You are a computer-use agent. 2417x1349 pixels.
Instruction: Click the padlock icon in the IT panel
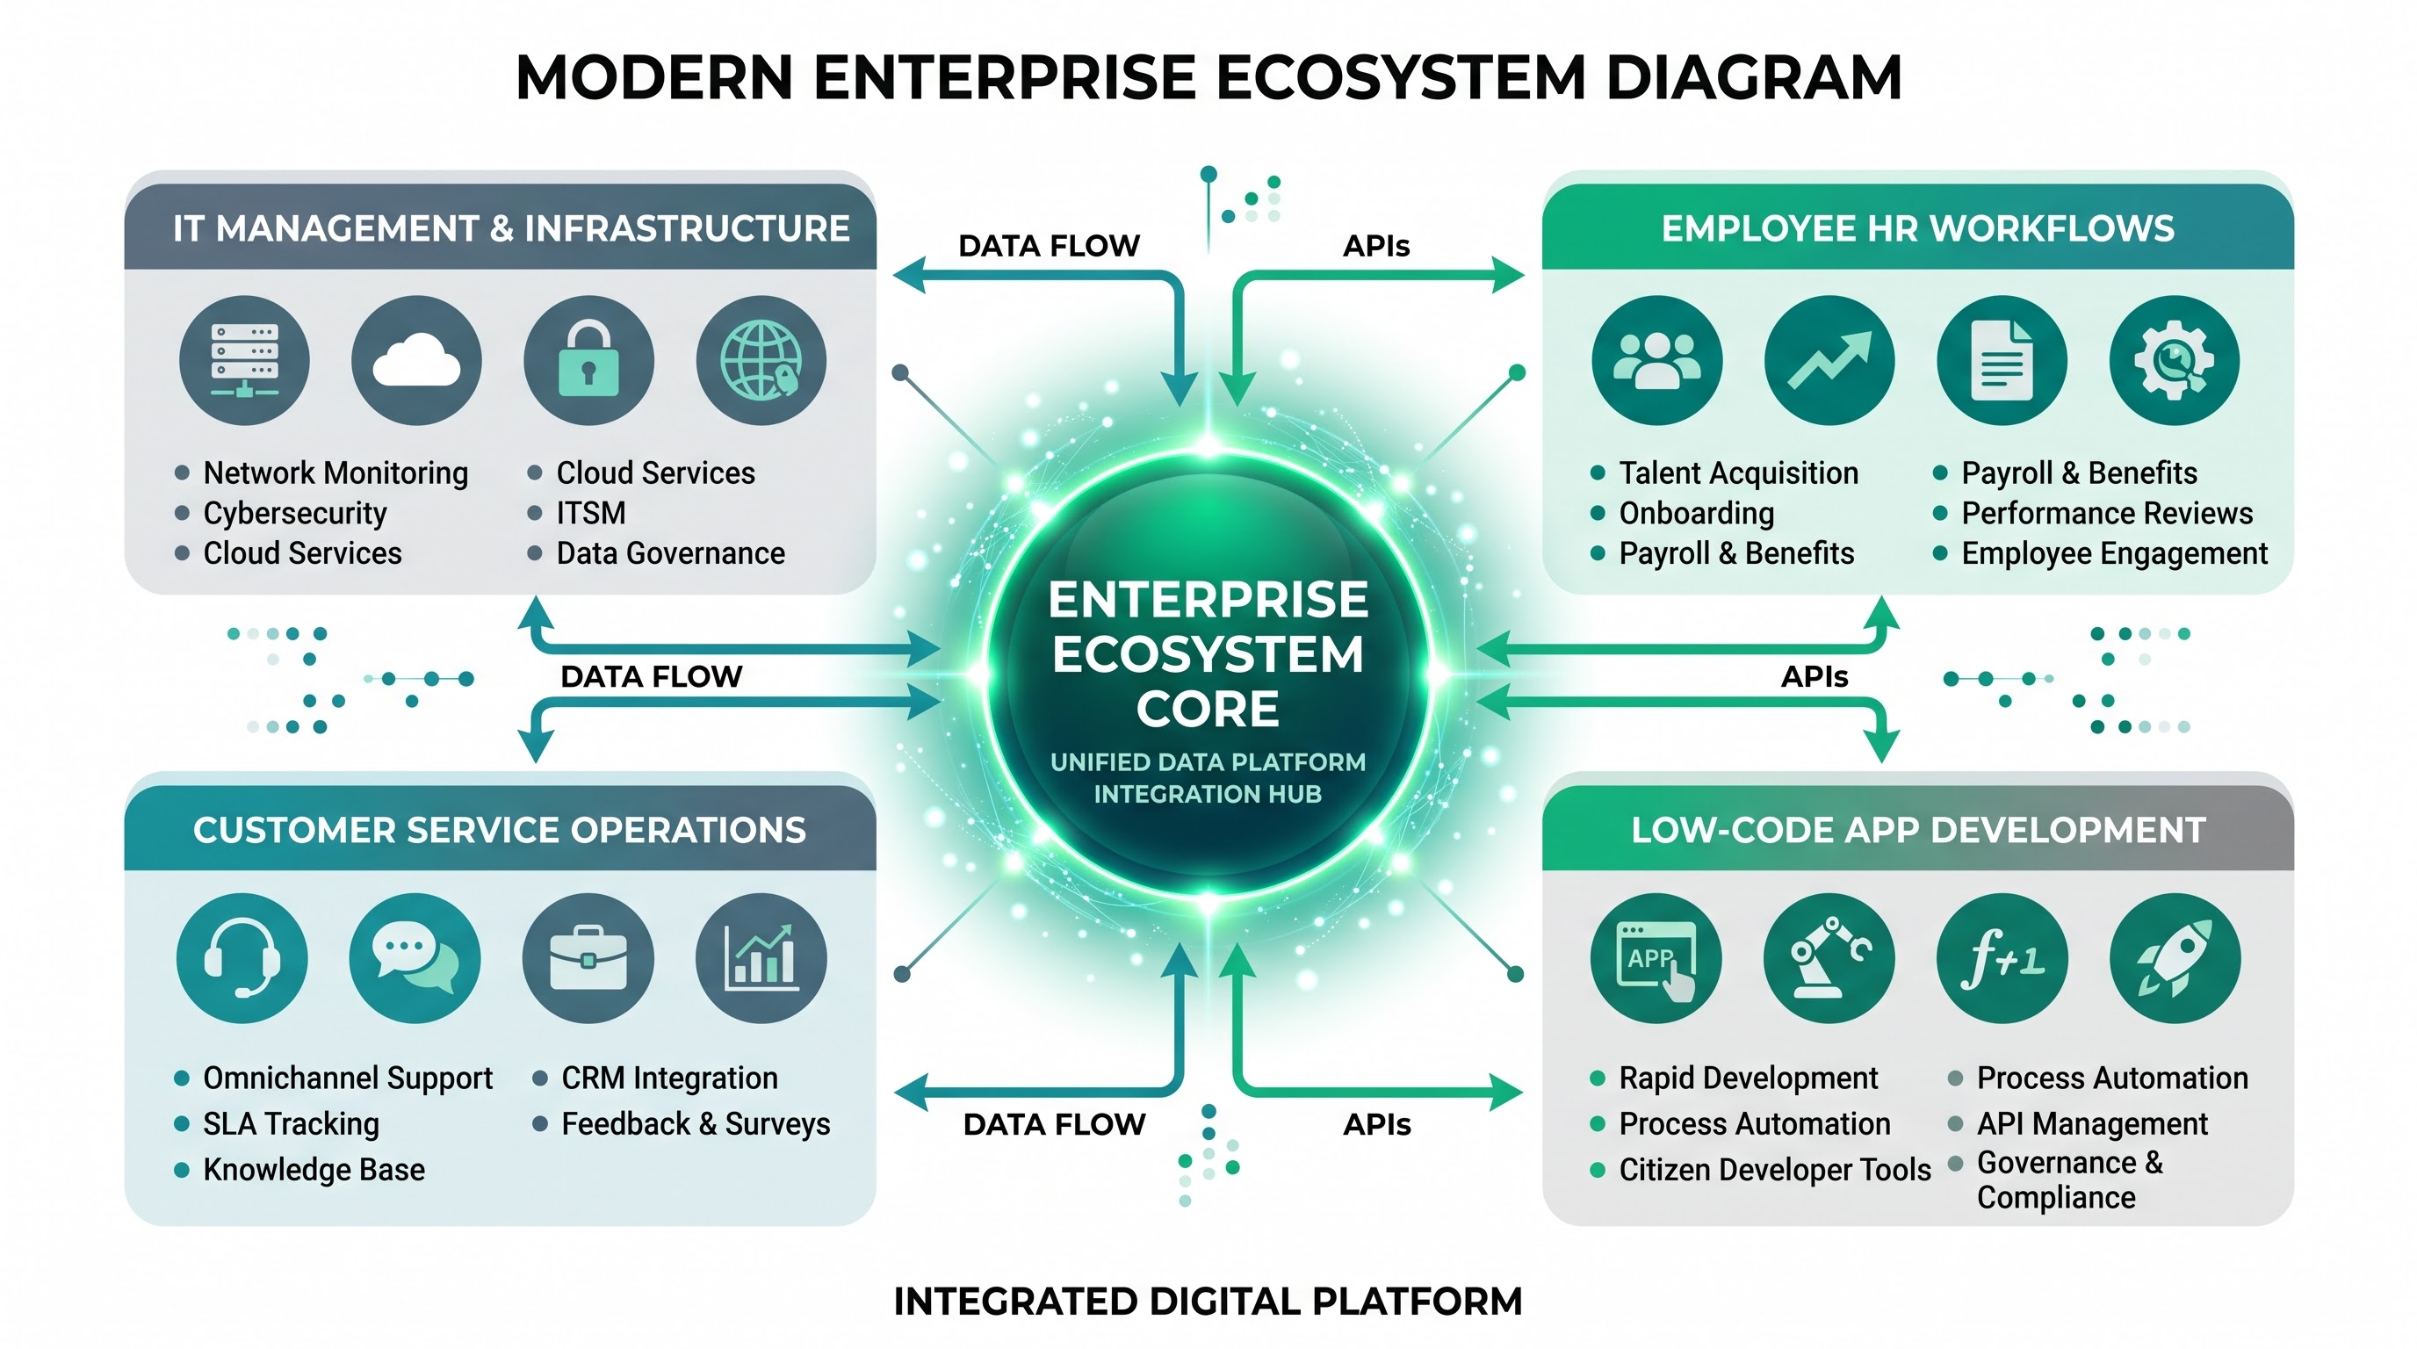(588, 360)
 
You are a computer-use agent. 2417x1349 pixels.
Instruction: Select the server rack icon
(244, 360)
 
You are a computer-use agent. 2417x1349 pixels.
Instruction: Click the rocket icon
(2175, 958)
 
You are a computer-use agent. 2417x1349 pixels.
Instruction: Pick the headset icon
(242, 958)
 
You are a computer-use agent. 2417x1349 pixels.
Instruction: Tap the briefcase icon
(588, 958)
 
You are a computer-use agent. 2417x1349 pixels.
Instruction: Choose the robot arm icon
(1829, 958)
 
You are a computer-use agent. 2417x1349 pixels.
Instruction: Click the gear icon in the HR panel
(2174, 360)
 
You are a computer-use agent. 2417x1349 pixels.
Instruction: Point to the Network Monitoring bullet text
(335, 473)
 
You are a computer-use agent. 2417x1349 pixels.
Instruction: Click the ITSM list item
(591, 513)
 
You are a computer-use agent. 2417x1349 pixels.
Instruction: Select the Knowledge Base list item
(314, 1170)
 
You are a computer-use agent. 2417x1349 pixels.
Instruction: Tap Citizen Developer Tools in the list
(1774, 1170)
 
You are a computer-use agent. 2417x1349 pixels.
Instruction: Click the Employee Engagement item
(2114, 553)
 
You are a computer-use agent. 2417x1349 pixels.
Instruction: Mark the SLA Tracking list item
(291, 1124)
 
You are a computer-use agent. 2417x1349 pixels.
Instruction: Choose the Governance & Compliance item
(2070, 1180)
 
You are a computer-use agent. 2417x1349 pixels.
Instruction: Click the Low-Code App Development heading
(1918, 830)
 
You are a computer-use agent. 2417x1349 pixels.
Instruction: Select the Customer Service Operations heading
(500, 830)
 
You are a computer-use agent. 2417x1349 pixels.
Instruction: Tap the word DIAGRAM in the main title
(1754, 77)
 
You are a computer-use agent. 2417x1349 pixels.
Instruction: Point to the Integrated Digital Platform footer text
(1208, 1302)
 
